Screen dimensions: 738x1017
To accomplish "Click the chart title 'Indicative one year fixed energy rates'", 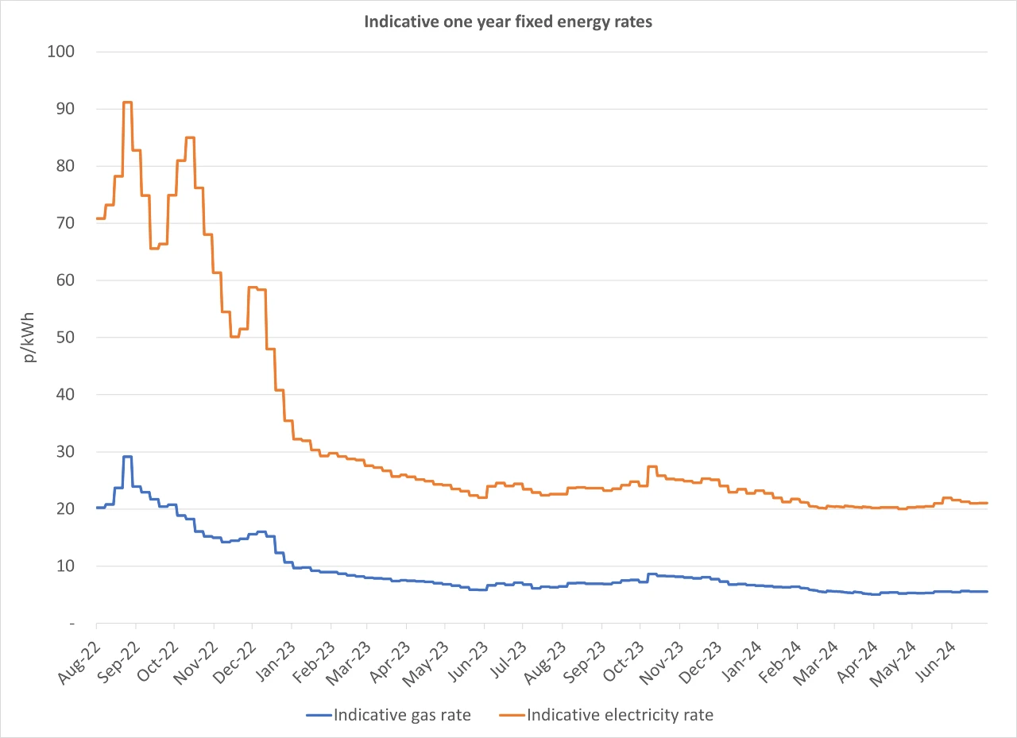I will point(508,22).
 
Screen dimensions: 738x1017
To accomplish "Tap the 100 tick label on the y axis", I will point(61,52).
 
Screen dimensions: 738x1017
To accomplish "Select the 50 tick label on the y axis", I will point(65,338).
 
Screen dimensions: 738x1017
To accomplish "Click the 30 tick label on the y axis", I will point(65,452).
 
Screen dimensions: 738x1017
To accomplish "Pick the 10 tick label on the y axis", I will point(65,566).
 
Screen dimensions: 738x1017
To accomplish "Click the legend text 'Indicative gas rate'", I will point(402,715).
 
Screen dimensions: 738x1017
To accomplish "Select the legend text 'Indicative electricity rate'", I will point(620,715).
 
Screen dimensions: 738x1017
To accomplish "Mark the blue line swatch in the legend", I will point(319,715).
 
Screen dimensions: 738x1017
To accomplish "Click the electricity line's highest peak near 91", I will point(127,102).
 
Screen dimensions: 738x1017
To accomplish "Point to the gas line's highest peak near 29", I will point(127,457).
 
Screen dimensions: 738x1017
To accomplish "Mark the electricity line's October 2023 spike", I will point(652,466).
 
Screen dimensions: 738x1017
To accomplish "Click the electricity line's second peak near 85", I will point(190,137).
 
